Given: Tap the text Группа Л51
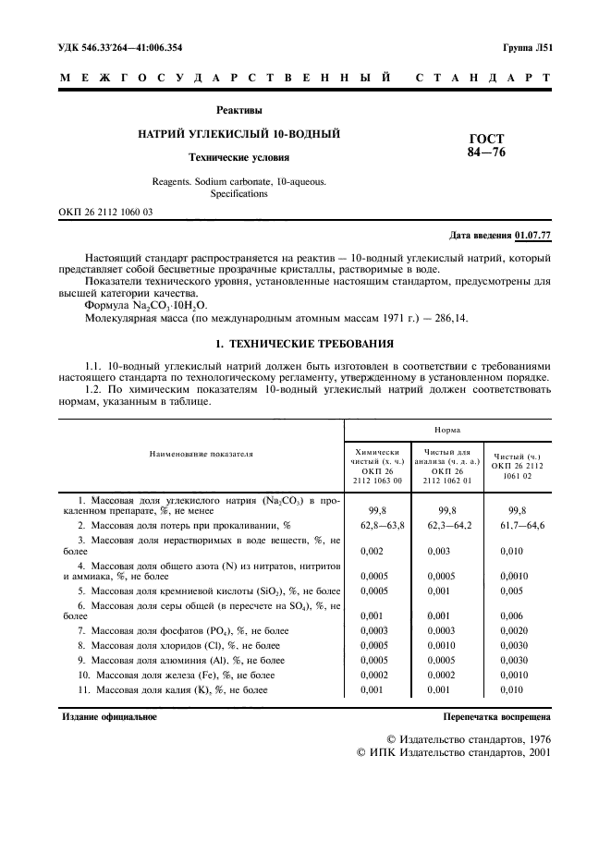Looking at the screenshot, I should click(x=527, y=46).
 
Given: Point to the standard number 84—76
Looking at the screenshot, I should click(x=486, y=152).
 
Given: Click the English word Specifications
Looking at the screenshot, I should click(x=238, y=194).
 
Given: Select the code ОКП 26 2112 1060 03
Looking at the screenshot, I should click(x=106, y=213).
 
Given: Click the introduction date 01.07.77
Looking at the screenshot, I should click(x=533, y=237).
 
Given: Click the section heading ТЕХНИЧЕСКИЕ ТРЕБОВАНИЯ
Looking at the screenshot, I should click(x=317, y=344).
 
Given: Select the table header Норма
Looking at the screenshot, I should click(x=448, y=430).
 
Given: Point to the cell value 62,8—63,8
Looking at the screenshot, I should click(x=377, y=525).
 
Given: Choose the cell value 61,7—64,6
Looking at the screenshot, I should click(x=519, y=525).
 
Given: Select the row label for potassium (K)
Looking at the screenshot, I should click(x=173, y=689).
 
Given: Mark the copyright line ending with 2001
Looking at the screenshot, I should click(x=453, y=752).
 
